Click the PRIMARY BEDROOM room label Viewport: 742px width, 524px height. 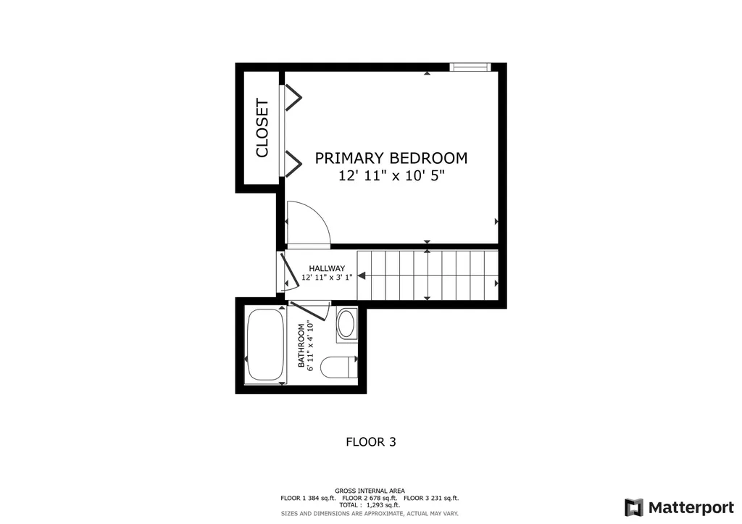point(391,158)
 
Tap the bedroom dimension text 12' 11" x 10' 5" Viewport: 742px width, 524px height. point(391,176)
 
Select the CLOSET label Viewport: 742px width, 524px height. point(262,128)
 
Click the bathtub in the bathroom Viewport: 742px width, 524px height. point(265,345)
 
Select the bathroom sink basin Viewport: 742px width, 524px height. point(346,324)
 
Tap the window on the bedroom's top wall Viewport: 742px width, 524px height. point(470,67)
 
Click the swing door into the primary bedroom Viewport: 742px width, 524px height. point(308,223)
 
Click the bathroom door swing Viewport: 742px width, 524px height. point(312,311)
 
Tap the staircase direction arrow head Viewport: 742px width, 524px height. point(362,275)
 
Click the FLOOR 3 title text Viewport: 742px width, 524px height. point(370,441)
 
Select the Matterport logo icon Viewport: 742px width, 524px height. point(633,507)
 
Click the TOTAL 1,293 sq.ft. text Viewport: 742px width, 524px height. point(370,506)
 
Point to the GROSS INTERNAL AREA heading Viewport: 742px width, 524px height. point(370,491)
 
